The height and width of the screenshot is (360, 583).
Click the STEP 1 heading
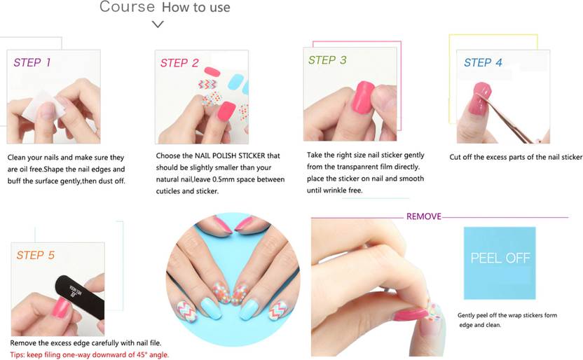[32, 62]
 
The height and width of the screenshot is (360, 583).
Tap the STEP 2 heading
[179, 63]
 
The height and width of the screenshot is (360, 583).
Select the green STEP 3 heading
[327, 60]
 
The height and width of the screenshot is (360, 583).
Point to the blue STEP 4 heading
[483, 62]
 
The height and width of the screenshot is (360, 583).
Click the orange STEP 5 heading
[35, 255]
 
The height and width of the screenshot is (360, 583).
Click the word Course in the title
[127, 7]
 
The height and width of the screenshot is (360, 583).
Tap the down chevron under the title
[158, 25]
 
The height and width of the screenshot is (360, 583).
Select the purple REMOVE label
[424, 216]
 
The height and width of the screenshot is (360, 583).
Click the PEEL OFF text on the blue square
[500, 258]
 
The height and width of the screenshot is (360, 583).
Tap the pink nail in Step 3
[362, 96]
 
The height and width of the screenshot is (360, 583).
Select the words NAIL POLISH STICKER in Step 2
[229, 155]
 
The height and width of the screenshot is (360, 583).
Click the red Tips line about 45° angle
[89, 355]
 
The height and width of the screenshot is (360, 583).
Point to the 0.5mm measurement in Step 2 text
[224, 179]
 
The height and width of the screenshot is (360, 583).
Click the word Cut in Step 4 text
[455, 157]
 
